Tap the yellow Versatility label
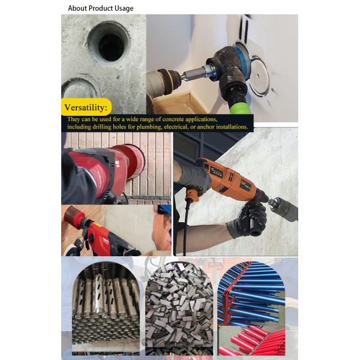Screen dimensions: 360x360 (86, 107)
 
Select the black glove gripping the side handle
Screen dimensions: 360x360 (249, 220)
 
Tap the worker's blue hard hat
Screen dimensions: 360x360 (165, 209)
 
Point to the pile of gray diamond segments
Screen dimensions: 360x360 (179, 308)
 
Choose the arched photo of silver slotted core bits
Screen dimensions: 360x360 (106, 308)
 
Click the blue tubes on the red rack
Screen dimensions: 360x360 (251, 293)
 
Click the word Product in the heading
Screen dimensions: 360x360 (101, 8)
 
